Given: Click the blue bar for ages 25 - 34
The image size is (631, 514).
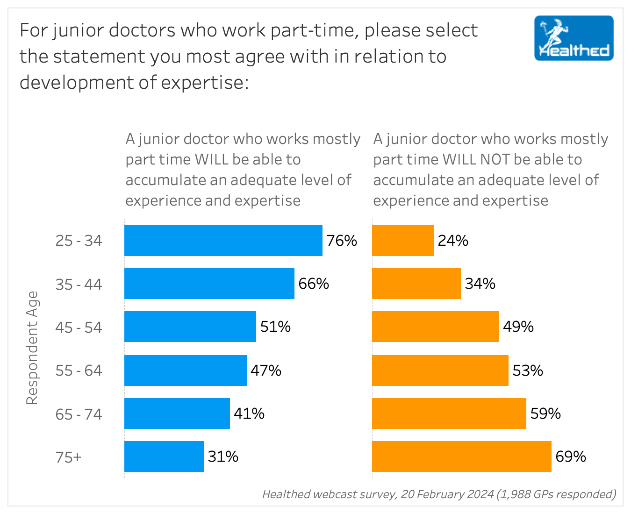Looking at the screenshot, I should pos(223,241).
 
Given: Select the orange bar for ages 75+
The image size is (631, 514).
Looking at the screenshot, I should pos(461,457).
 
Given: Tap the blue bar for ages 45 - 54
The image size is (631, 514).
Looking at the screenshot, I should pos(190,327).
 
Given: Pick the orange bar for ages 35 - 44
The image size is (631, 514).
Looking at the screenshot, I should pos(416,284).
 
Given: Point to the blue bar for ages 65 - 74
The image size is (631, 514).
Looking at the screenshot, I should pos(177,414).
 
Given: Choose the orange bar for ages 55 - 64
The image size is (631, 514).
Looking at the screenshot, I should pos(440,371).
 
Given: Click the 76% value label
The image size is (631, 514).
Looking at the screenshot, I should pos(342,241).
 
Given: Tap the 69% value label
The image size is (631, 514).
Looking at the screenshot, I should pos(571,457).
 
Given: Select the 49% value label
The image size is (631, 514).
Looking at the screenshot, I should pos(518,327).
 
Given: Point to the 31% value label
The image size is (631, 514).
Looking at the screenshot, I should pos(223,457).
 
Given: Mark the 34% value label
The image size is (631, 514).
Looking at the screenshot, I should pos(480,284).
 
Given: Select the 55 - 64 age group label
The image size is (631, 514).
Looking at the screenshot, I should pos(79,371).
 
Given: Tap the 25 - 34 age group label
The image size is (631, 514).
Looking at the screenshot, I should pos(79,241).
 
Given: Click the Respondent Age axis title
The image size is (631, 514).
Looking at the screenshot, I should pos(31,348).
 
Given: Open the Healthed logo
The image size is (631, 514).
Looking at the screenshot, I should pos(574,38).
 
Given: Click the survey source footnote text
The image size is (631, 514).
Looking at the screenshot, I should pos(438,494).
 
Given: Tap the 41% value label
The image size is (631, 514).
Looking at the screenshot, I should pos(249,414).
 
